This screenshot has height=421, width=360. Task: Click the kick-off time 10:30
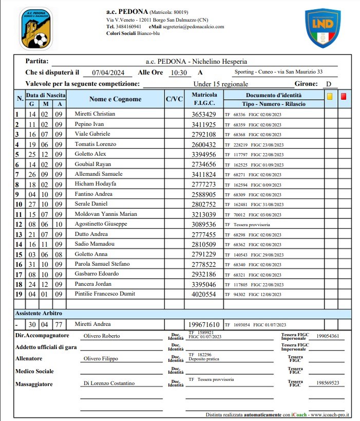point(179,73)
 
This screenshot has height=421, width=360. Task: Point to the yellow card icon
point(330,96)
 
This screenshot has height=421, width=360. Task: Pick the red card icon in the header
point(343,96)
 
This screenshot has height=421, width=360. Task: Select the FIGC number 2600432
point(204,144)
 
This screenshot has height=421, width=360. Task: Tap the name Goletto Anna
point(92,254)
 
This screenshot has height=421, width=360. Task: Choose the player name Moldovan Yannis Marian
point(106,214)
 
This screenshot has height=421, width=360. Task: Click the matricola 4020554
point(204,294)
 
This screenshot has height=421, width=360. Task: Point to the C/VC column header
point(174,99)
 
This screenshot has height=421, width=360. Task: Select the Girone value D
point(328,84)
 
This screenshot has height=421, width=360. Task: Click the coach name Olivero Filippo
point(101,359)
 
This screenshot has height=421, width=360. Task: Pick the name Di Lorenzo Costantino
point(108,383)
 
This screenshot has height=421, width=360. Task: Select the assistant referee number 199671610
point(203,325)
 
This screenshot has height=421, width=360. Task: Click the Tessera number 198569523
point(328,383)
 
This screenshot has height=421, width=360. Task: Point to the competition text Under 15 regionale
point(221,84)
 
